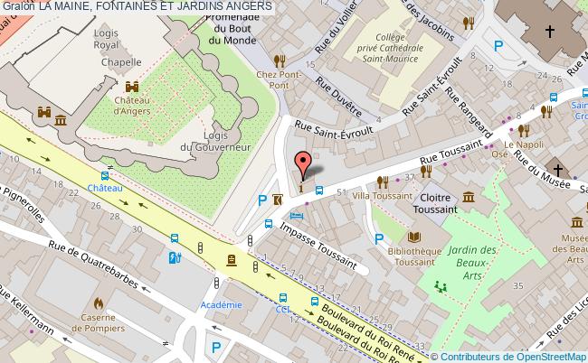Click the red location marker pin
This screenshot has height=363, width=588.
tap(304, 163)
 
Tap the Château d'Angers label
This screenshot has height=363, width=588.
tap(132, 106)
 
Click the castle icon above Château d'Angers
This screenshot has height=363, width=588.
tap(132, 87)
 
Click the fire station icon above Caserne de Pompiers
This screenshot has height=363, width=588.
tap(99, 303)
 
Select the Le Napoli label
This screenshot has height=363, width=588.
tap(521, 144)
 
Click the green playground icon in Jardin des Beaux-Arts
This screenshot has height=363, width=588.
tap(441, 286)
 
